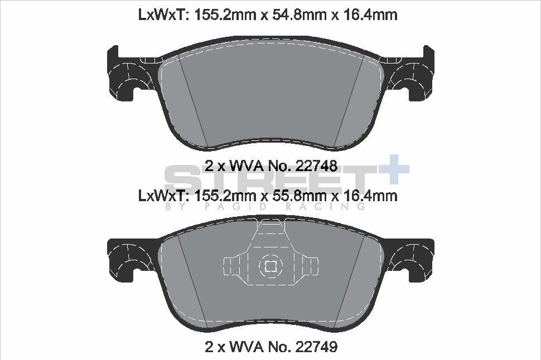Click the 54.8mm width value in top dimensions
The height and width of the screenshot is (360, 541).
click(292, 15)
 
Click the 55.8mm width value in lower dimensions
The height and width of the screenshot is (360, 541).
click(292, 196)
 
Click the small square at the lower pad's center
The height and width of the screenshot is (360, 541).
click(270, 266)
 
